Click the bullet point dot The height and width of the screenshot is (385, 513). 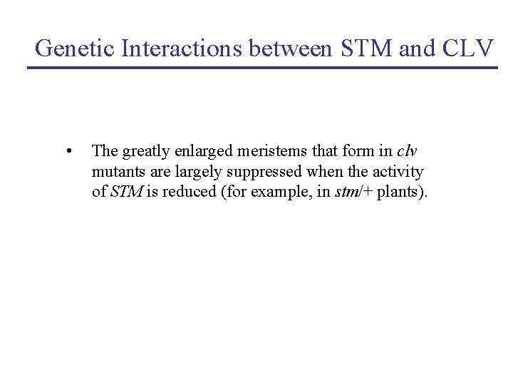(x=68, y=151)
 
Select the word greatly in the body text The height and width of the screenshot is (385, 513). (x=145, y=151)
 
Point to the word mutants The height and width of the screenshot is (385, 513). (x=116, y=172)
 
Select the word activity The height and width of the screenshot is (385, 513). (x=398, y=172)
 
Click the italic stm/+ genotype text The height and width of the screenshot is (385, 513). (x=353, y=192)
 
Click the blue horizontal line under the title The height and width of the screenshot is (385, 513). (x=262, y=68)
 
